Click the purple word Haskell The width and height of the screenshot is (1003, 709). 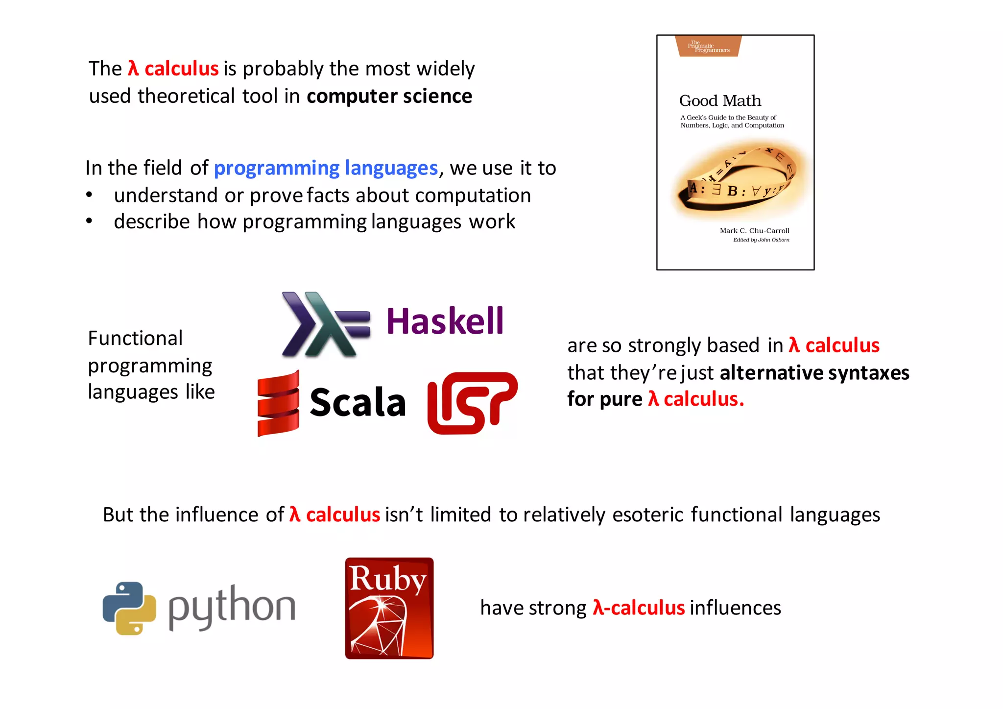445,321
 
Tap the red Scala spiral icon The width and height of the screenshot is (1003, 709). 278,403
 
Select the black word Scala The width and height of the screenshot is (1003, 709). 358,403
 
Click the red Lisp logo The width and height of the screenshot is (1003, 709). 472,403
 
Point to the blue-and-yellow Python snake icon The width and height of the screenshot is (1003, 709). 129,608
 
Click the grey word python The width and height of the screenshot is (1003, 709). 232,607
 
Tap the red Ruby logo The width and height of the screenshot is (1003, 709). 389,608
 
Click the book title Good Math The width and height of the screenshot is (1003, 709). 720,101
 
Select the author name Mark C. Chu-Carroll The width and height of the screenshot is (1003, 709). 754,231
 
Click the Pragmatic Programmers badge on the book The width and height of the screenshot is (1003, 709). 708,47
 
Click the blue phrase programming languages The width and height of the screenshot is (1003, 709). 326,168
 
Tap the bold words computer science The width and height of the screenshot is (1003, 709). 389,97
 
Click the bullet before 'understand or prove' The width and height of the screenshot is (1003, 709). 89,195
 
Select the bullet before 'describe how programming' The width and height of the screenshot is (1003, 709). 89,221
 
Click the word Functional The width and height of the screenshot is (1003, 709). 135,338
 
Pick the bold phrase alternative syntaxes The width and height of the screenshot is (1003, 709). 814,373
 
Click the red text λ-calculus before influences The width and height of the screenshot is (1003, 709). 639,608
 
